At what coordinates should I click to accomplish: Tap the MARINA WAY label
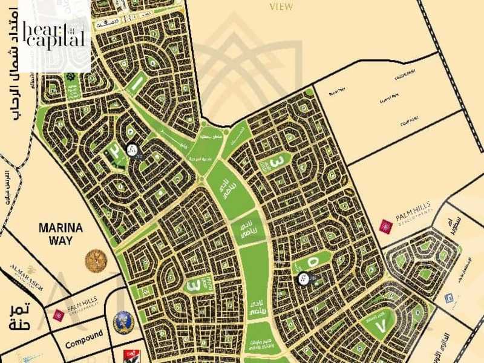point(55,235)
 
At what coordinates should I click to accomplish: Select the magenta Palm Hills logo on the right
point(385,226)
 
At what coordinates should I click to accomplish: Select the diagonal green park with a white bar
point(136,81)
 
